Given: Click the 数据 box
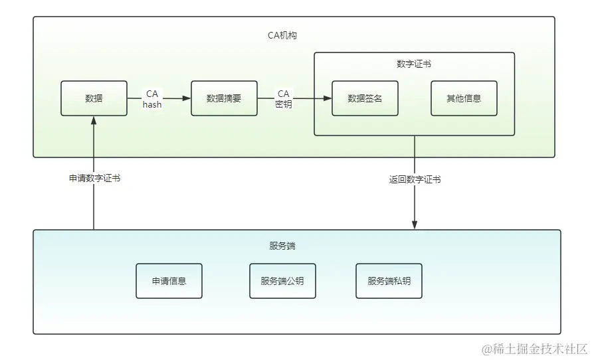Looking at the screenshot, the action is pyautogui.click(x=94, y=98).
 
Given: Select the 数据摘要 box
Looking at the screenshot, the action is pyautogui.click(x=225, y=98).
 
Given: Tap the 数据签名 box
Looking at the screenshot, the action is pyautogui.click(x=365, y=98).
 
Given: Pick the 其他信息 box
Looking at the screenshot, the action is pyautogui.click(x=464, y=98).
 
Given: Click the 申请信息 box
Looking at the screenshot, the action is pyautogui.click(x=169, y=281).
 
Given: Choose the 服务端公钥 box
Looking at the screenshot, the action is pyautogui.click(x=283, y=281).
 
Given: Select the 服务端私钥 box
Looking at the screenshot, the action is pyautogui.click(x=389, y=281).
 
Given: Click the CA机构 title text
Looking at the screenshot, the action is pyautogui.click(x=282, y=35).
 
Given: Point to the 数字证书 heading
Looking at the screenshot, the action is pyautogui.click(x=414, y=64).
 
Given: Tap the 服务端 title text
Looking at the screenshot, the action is pyautogui.click(x=282, y=246).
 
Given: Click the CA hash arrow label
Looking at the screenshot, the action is pyautogui.click(x=152, y=99).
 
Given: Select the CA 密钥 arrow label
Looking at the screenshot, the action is pyautogui.click(x=284, y=99).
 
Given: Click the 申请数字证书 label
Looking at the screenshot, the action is pyautogui.click(x=95, y=178).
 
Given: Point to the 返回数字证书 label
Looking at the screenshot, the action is pyautogui.click(x=415, y=179).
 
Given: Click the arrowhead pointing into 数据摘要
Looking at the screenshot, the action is pyautogui.click(x=187, y=98).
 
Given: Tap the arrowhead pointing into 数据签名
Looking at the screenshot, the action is pyautogui.click(x=328, y=98).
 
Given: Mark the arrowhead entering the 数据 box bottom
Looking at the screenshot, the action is pyautogui.click(x=94, y=120).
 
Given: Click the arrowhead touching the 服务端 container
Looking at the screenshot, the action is pyautogui.click(x=415, y=225).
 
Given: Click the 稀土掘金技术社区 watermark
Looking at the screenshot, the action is pyautogui.click(x=535, y=349).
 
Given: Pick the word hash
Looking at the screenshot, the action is pyautogui.click(x=152, y=104).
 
